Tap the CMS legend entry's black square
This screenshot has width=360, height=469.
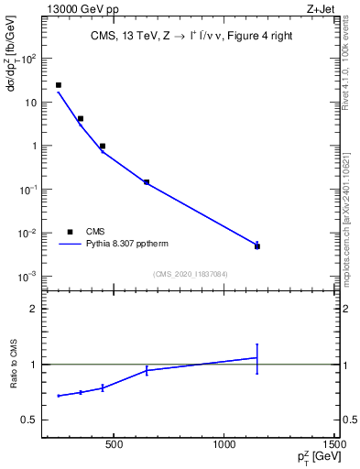[x=70, y=232]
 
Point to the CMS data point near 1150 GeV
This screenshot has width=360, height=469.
[x=257, y=246]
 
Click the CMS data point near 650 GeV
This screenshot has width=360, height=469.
[x=147, y=182]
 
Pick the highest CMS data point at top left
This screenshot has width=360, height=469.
[x=59, y=85]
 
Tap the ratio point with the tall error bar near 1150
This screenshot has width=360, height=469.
[x=257, y=357]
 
